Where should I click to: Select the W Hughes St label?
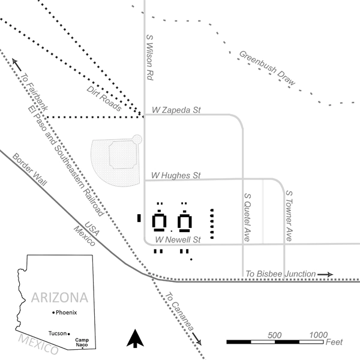coord(176,175)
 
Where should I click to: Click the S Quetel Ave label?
coord(247,217)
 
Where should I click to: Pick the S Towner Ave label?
coord(288,216)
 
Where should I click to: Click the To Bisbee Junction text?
coord(281,274)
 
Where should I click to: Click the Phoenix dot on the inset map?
coord(54,313)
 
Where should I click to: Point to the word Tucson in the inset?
coord(57,334)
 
